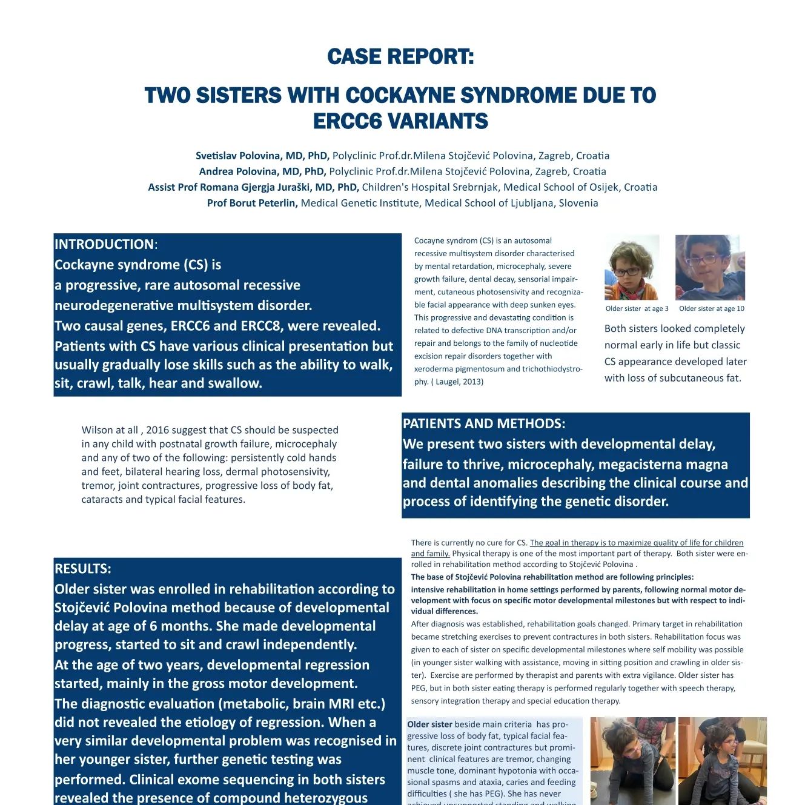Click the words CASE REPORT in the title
pos(400,57)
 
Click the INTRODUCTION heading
pos(104,245)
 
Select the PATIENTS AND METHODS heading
pos(483,424)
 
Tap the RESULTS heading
pos(83,569)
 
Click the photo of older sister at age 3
pos(632,268)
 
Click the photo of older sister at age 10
pos(710,268)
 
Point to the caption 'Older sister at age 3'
pos(637,309)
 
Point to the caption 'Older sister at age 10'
pos(712,309)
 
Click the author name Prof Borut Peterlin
pos(252,204)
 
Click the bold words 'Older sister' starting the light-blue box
pos(429,724)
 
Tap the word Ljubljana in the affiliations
pos(528,204)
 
